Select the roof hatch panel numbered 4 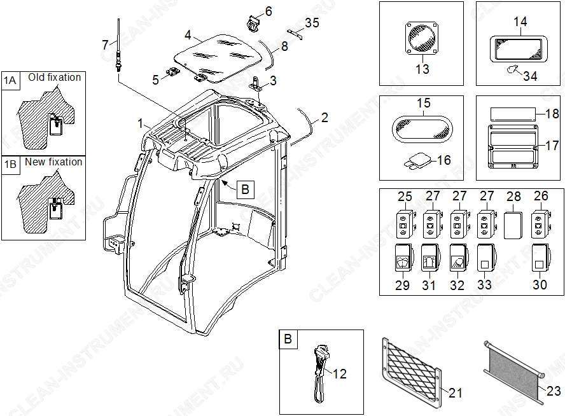pos(218,57)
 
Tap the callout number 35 pos(312,23)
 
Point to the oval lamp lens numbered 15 pos(422,128)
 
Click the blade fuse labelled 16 pos(418,161)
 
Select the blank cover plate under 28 pos(513,225)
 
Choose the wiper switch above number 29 pos(403,258)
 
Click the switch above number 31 pos(430,258)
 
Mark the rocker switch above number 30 pos(540,258)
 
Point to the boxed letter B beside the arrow pos(246,190)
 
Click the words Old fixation pos(55,77)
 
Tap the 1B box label pos(10,165)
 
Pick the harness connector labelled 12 pos(321,374)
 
